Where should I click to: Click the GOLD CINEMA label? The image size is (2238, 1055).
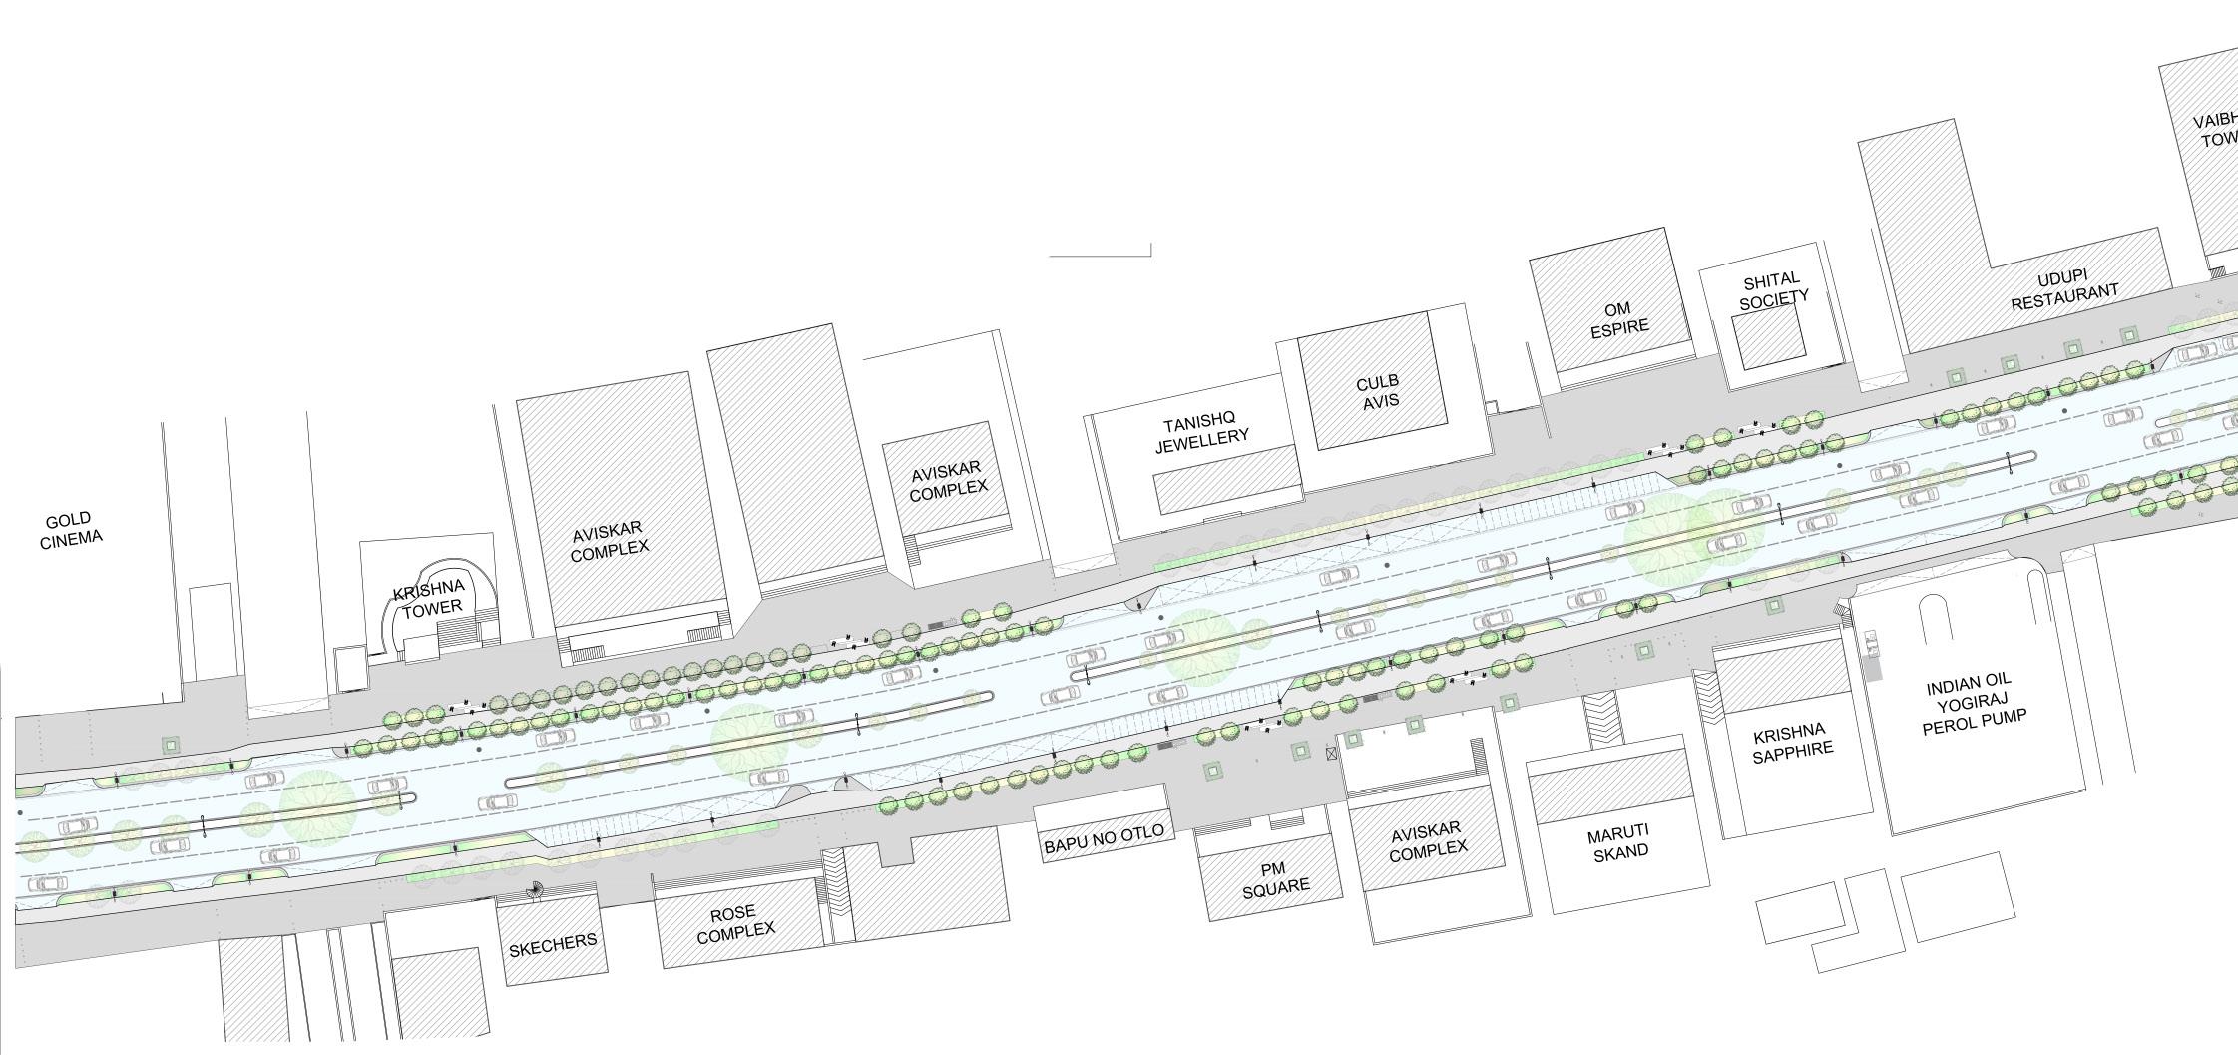pos(71,529)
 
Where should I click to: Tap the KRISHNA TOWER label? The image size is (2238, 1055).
pos(430,598)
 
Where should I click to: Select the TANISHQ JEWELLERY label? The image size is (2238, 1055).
pos(1201,432)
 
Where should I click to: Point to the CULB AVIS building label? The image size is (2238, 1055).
pos(1378,391)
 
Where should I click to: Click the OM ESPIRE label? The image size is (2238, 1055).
pos(1618,318)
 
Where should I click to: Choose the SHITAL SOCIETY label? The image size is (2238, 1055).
pos(1772,289)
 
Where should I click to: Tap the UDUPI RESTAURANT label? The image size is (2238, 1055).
pos(2063,289)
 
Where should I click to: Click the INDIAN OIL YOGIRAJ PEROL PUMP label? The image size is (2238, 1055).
pos(1975,706)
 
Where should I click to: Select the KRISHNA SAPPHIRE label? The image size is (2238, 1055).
pos(1793,740)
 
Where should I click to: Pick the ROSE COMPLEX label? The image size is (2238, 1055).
pos(735,923)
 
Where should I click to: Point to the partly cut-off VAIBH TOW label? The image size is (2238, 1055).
pos(2217,131)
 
